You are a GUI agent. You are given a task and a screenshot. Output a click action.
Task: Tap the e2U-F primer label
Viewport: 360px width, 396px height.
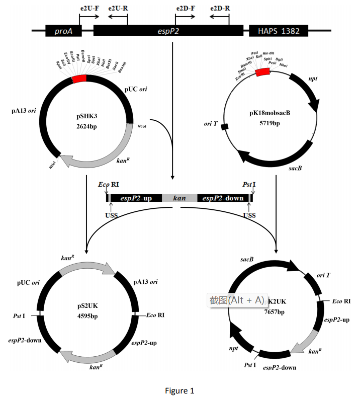pyautogui.click(x=90, y=9)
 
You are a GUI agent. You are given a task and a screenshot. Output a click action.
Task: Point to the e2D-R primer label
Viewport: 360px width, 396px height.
pyautogui.click(x=220, y=9)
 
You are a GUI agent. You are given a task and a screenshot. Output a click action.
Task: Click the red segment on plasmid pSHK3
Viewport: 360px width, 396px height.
pyautogui.click(x=79, y=79)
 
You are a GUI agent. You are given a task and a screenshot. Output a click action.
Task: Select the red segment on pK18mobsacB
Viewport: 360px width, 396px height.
pyautogui.click(x=262, y=72)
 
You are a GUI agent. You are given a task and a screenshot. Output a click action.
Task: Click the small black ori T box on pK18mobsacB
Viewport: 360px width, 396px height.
pyautogui.click(x=225, y=125)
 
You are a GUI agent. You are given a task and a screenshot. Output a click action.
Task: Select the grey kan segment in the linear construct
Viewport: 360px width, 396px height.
pyautogui.click(x=179, y=198)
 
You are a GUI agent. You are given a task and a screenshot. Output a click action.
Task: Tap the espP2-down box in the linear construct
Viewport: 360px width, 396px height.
pyautogui.click(x=223, y=198)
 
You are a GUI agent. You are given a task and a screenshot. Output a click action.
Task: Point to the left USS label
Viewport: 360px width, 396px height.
pyautogui.click(x=112, y=215)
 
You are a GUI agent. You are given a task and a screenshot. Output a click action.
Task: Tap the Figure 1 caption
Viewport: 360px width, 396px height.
pyautogui.click(x=179, y=390)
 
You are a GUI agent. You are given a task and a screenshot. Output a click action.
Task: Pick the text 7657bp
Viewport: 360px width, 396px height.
pyautogui.click(x=274, y=312)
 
